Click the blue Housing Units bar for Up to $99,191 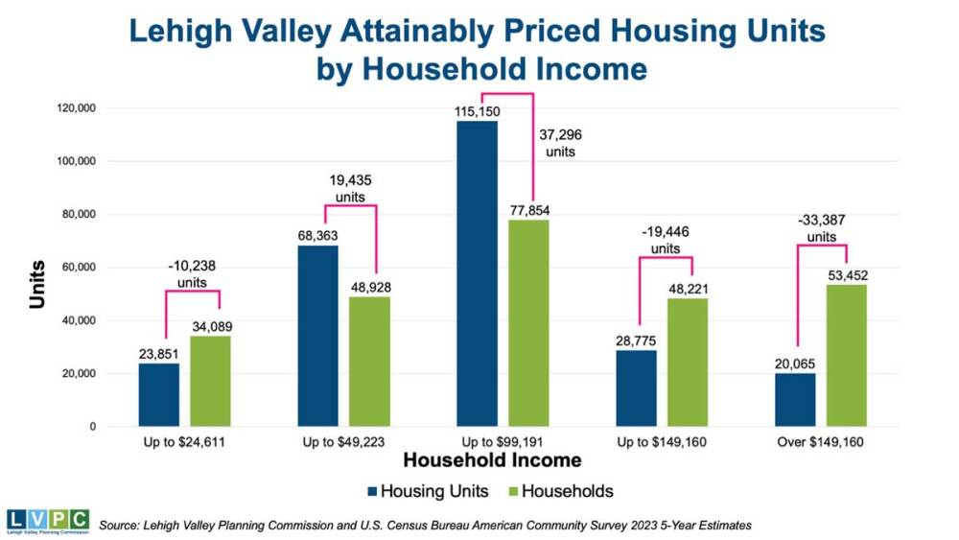pos(477,273)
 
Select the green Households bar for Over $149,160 pos(846,355)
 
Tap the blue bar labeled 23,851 pos(158,394)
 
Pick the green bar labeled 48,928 pos(369,361)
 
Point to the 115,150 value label pos(477,112)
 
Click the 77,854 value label pos(529,211)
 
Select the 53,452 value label pos(847,276)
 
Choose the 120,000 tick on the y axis pos(76,108)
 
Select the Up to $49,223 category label pos(343,442)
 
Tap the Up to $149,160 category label pos(662,442)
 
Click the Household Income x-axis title pos(492,461)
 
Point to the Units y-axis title pos(37,285)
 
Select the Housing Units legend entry pos(427,492)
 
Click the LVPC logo pos(47,522)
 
